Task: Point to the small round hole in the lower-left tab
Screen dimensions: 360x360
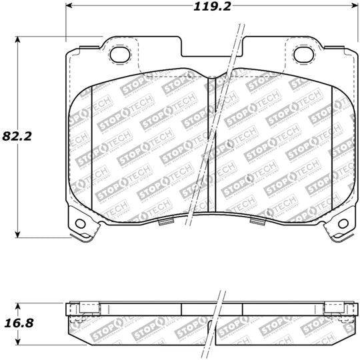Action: (x=81, y=223)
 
